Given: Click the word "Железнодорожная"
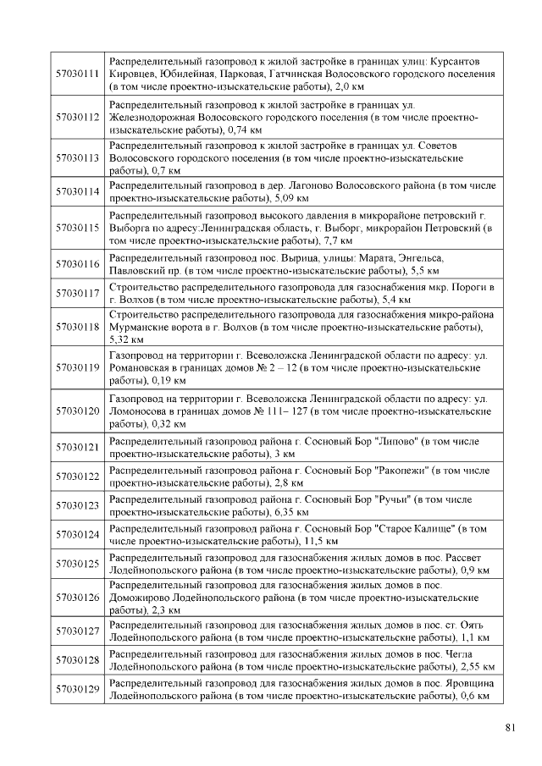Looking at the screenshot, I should (x=153, y=117).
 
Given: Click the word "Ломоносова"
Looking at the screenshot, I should (x=140, y=411).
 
